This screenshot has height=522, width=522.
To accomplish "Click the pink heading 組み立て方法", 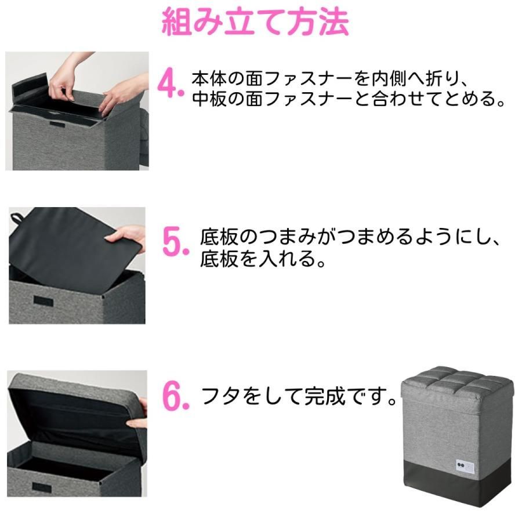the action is tap(255, 22).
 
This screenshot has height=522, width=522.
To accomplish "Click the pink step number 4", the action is tap(171, 83).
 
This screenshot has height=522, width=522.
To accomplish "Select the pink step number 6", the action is tap(176, 396).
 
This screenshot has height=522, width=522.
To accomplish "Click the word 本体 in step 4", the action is tap(209, 79).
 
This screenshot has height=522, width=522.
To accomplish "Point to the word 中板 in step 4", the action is tap(209, 99).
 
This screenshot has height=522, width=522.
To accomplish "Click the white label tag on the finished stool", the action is tap(465, 465).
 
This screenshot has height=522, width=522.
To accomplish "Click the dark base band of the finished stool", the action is tap(458, 482).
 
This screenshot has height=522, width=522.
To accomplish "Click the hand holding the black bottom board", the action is tap(126, 237).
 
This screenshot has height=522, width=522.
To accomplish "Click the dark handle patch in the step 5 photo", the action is tap(43, 301).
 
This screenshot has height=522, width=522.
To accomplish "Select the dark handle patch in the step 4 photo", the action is tap(57, 125).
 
